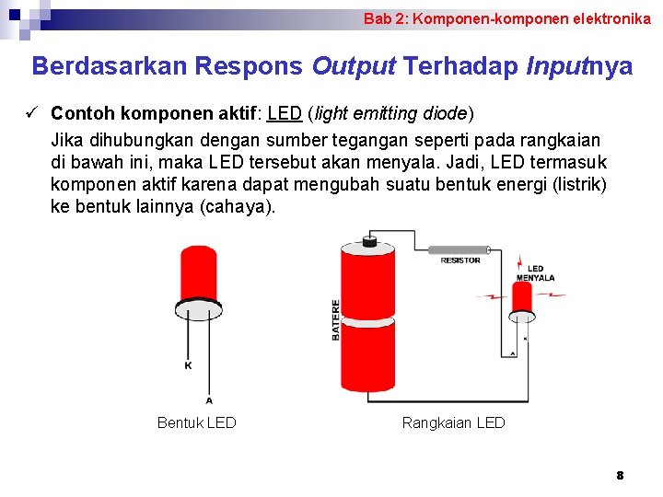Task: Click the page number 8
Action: click(620, 475)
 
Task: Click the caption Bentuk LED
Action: click(196, 422)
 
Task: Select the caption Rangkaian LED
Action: click(453, 422)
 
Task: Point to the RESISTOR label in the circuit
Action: click(460, 260)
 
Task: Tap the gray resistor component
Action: click(458, 249)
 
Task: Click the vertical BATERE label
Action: click(336, 320)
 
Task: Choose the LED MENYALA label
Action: click(535, 273)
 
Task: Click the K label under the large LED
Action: click(188, 365)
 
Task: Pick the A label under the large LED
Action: click(209, 399)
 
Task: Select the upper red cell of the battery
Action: click(367, 281)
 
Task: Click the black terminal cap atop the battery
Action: click(369, 240)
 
